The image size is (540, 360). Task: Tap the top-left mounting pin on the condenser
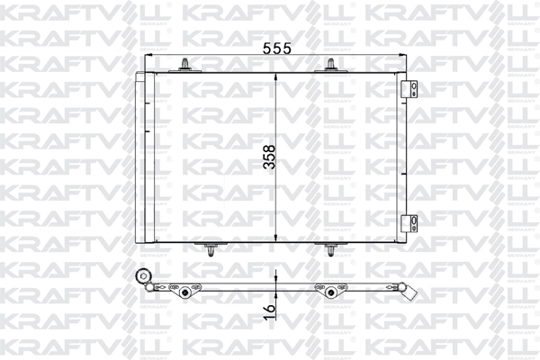[x=184, y=64]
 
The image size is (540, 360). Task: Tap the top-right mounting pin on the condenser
[x=330, y=64]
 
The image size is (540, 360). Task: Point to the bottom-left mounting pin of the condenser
[x=210, y=249]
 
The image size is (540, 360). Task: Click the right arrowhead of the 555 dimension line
[x=399, y=56]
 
